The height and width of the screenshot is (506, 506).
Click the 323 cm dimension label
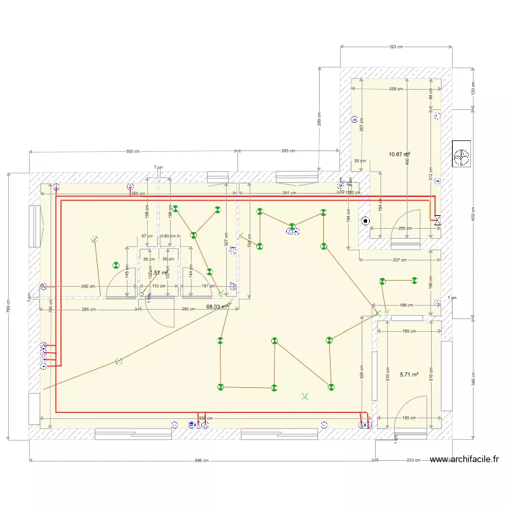point(396,47)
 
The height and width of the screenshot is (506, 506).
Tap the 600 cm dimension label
point(133,151)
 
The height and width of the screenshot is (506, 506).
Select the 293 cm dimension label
point(288,151)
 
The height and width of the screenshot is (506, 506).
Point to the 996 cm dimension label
point(202,461)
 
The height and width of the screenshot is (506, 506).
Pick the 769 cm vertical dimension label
point(8,306)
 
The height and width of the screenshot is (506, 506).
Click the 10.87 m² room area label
point(399,154)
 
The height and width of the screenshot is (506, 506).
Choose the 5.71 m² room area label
point(409,374)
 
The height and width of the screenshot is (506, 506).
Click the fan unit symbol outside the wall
point(463,155)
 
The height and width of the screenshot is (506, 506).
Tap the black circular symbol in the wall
point(366,220)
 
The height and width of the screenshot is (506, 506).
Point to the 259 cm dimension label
point(396,89)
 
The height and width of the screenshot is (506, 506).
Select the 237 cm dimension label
point(399,260)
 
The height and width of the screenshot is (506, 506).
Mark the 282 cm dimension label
point(86,286)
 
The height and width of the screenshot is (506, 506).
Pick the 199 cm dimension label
point(407,306)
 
